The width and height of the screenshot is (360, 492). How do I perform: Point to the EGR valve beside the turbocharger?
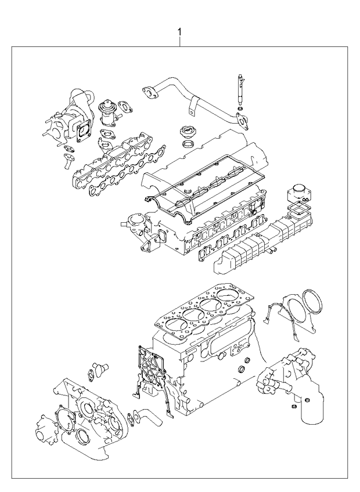tap(108, 113)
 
